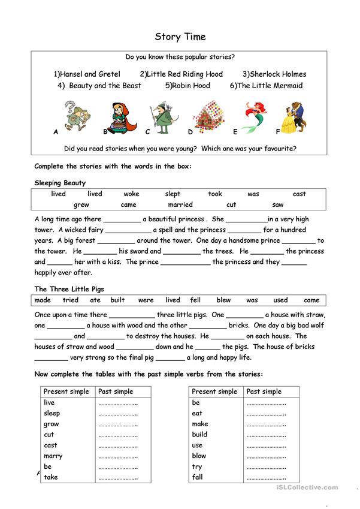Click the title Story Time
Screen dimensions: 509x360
(180, 37)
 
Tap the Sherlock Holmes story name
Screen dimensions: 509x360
(274, 74)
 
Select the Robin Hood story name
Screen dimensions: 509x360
(187, 86)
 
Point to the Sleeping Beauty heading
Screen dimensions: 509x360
(60, 183)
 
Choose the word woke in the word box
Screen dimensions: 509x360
(131, 194)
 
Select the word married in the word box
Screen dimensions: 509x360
(180, 204)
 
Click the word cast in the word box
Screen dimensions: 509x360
(300, 194)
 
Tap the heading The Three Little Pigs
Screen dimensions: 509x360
(69, 289)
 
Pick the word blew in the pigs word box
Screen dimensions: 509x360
(223, 300)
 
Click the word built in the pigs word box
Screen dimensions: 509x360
(117, 300)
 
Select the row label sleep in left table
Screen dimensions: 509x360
(52, 413)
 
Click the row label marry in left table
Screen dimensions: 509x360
(53, 456)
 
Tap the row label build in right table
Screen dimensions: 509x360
(200, 435)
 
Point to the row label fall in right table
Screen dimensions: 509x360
(198, 478)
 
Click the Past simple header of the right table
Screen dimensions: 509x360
(264, 391)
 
